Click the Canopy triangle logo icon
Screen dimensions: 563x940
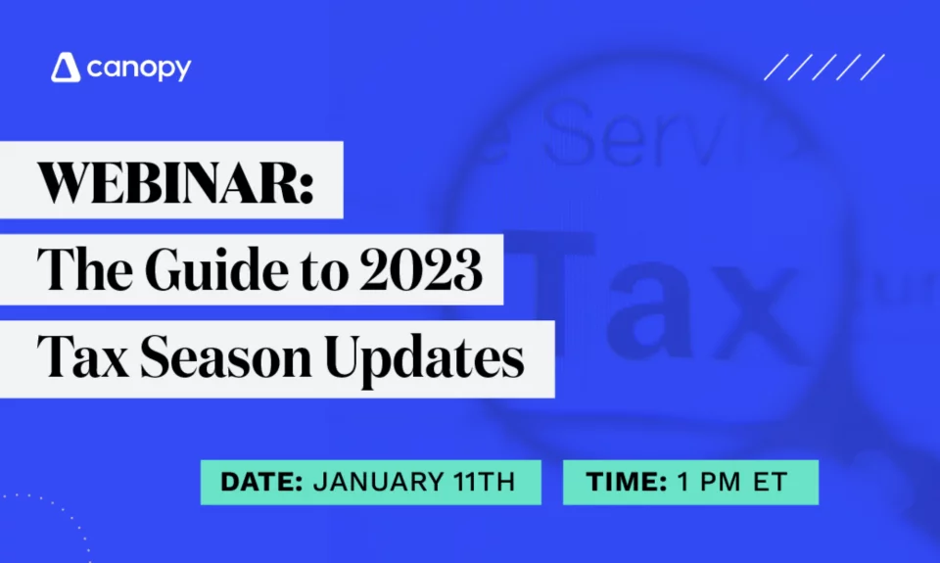[65, 69]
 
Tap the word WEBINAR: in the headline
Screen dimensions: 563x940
[175, 181]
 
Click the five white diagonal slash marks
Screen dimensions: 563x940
[824, 68]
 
